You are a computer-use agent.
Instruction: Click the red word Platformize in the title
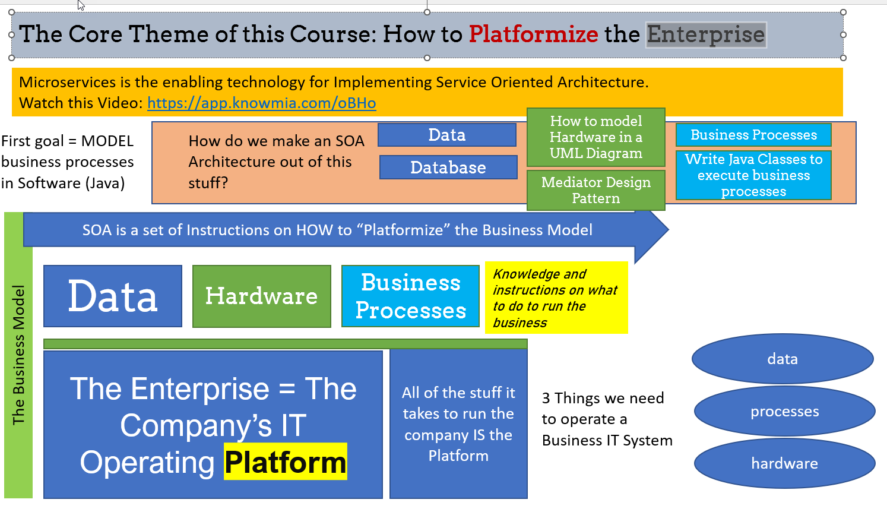533,34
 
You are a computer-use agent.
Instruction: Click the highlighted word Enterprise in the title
706,34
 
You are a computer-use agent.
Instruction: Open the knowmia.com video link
261,103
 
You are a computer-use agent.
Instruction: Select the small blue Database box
448,167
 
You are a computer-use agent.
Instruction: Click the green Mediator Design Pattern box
595,190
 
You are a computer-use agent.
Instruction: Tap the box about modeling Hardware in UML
595,137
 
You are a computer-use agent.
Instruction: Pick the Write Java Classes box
753,175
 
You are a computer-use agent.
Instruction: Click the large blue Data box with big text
113,296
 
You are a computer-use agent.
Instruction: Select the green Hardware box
261,296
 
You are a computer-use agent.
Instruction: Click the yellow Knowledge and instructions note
556,298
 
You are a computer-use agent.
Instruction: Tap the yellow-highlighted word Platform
286,462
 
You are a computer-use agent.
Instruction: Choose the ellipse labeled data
783,359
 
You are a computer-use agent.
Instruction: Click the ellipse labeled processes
784,411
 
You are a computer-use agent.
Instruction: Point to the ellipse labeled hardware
784,463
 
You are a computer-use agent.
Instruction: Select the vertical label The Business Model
18,355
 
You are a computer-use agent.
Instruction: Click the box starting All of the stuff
458,424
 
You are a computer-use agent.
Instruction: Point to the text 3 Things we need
603,398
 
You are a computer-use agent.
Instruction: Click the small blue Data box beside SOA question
446,135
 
